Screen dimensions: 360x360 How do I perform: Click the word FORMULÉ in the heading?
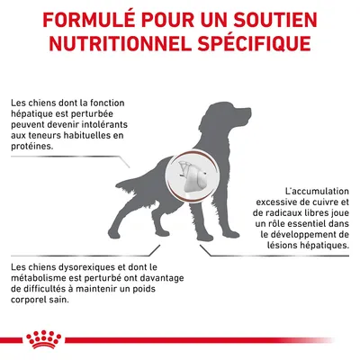[88, 20]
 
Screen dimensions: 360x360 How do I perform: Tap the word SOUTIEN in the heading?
[274, 20]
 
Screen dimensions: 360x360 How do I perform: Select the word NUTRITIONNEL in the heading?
[121, 44]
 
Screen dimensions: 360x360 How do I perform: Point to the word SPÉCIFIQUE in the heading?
[254, 44]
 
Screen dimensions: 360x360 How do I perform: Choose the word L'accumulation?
[317, 191]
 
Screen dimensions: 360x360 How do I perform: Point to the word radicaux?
[285, 212]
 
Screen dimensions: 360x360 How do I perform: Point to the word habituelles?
[83, 135]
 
